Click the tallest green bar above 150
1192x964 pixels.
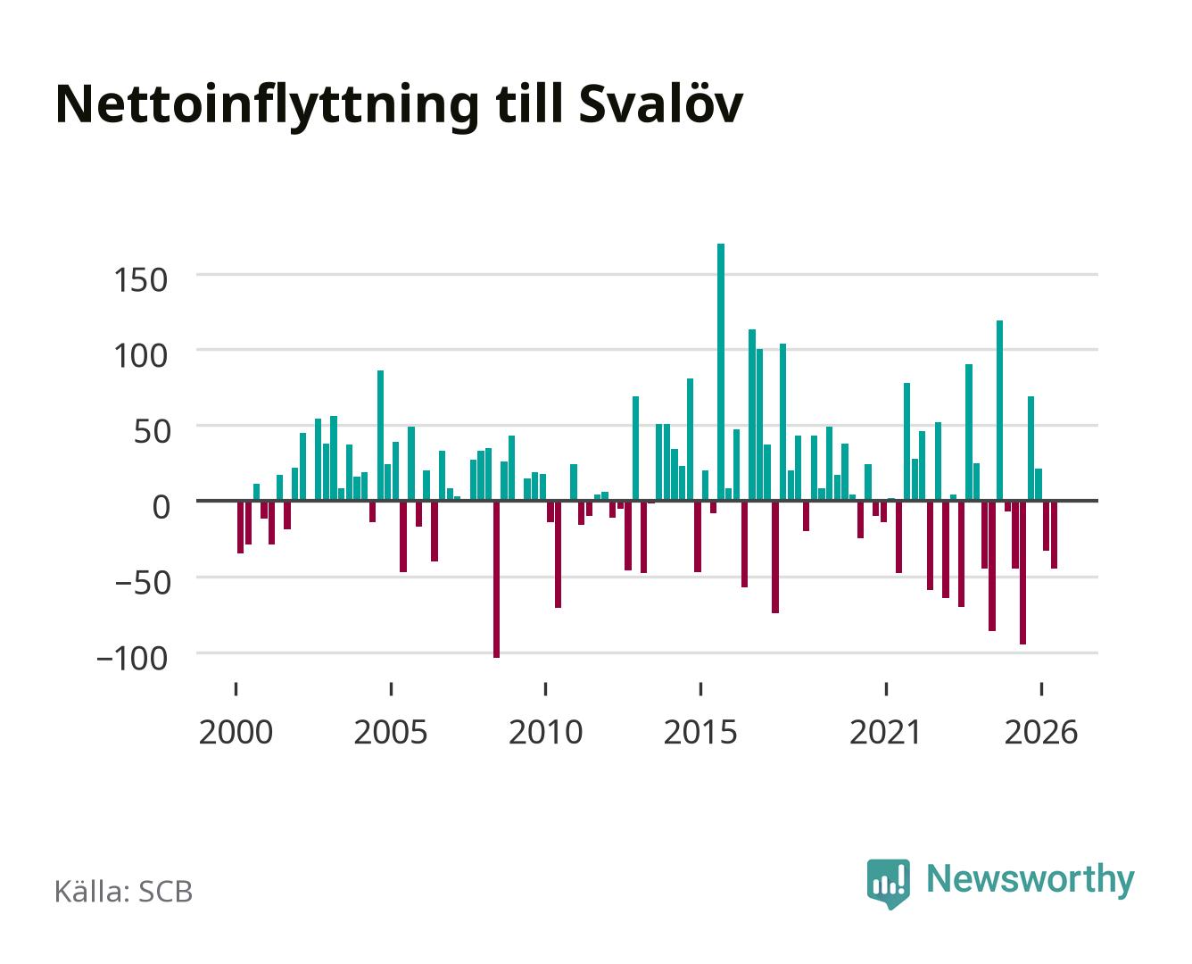[720, 371]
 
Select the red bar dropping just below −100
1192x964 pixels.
[496, 579]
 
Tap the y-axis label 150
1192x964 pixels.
[140, 280]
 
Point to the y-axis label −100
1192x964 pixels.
[132, 658]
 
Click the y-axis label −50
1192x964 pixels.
[142, 582]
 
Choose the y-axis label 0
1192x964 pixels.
[161, 507]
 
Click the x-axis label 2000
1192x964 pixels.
[236, 732]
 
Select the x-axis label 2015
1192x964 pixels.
[700, 732]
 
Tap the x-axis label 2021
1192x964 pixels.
[885, 732]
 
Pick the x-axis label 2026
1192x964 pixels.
[1041, 732]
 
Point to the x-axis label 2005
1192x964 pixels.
[391, 732]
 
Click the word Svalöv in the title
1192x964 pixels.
[661, 104]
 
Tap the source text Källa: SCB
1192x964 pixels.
[124, 891]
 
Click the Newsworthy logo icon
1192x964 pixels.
[888, 884]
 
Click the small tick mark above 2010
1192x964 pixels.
[546, 688]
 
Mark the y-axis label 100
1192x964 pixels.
[140, 355]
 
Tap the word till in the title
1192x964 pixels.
[528, 104]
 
